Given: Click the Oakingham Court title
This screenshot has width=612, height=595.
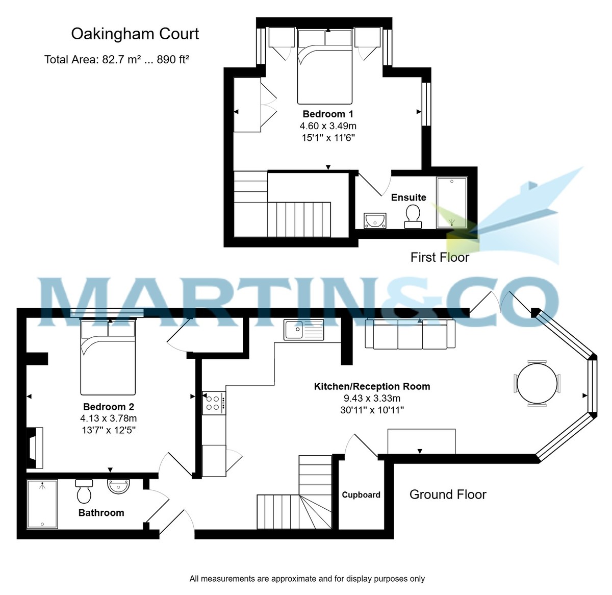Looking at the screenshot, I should pyautogui.click(x=135, y=34).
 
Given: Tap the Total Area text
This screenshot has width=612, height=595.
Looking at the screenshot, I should pyautogui.click(x=117, y=60).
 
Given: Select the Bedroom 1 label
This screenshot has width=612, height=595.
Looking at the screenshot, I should pyautogui.click(x=328, y=114).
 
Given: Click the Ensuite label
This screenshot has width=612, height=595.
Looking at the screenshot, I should pyautogui.click(x=409, y=197).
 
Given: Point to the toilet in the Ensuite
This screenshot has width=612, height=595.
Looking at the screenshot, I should pyautogui.click(x=412, y=215).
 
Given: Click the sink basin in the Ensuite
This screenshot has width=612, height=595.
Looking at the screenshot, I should pyautogui.click(x=375, y=220).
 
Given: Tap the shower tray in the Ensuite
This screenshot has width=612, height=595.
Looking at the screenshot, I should pyautogui.click(x=451, y=203).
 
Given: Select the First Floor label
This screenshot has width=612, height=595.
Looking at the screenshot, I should pyautogui.click(x=440, y=257).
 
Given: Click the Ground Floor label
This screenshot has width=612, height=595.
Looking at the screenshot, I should pyautogui.click(x=448, y=494).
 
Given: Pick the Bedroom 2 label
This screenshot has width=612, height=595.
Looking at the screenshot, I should pyautogui.click(x=109, y=407).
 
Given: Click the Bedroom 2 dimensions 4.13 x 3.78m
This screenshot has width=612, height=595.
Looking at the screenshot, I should pyautogui.click(x=109, y=418).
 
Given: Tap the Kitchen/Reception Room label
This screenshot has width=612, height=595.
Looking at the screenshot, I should pyautogui.click(x=372, y=387).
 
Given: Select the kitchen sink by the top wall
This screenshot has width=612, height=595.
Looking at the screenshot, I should pyautogui.click(x=304, y=330).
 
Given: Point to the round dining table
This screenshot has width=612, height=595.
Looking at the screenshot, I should pyautogui.click(x=537, y=383).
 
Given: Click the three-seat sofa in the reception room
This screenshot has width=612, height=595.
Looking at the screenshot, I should pyautogui.click(x=410, y=335).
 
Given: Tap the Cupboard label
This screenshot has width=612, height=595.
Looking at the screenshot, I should pyautogui.click(x=361, y=495).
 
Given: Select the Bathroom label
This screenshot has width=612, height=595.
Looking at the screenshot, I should pyautogui.click(x=101, y=513).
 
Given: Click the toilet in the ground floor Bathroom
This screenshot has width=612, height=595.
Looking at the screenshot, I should pyautogui.click(x=84, y=491).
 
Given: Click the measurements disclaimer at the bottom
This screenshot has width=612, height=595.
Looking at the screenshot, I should pyautogui.click(x=307, y=579).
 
